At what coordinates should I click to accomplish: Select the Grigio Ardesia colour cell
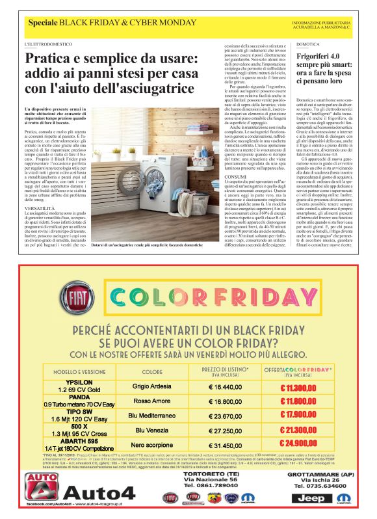pyautogui.click(x=152, y=386)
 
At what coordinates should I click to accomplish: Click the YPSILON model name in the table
pyautogui.click(x=79, y=382)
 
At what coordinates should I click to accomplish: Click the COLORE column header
pyautogui.click(x=152, y=373)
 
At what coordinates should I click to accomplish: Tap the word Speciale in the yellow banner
pyautogui.click(x=42, y=24)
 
